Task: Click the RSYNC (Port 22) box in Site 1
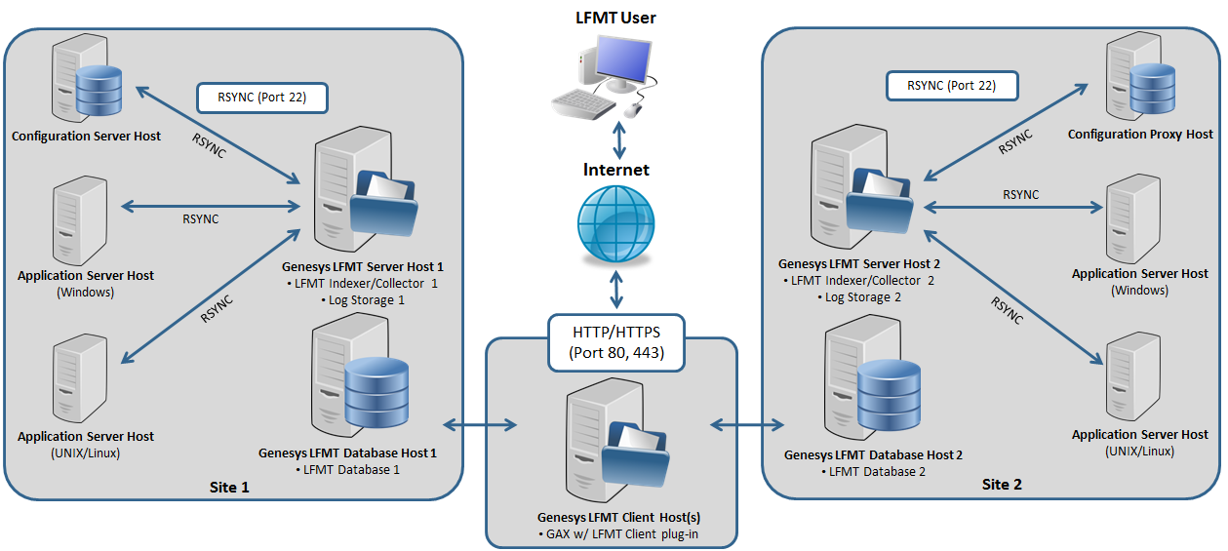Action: coord(261,97)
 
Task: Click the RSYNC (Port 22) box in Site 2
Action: coord(951,85)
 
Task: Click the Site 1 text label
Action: coord(229,486)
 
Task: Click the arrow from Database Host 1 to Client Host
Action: coord(481,424)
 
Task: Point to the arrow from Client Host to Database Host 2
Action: coord(747,424)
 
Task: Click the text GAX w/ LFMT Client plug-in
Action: coord(618,532)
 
